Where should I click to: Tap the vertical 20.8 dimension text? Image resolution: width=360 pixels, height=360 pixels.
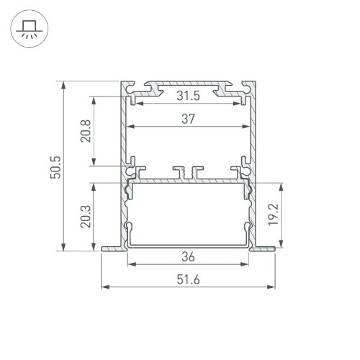85,131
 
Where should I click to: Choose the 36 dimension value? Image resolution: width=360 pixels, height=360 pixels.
188,256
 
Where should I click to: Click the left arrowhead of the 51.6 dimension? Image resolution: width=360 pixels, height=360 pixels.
105,287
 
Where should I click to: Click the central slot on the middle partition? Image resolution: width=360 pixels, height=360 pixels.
188,174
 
